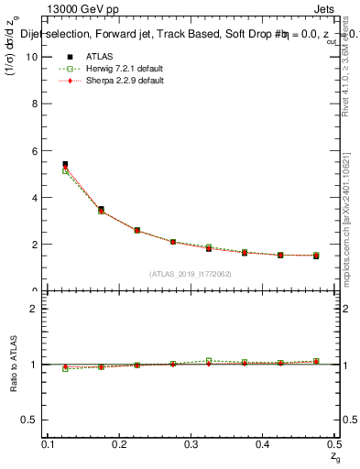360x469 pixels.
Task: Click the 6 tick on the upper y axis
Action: pos(38,150)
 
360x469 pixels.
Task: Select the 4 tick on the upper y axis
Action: pos(38,197)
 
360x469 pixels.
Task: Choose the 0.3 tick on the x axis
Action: pos(191,444)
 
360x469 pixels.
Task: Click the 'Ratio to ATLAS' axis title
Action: pos(12,364)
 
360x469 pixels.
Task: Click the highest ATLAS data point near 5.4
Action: pos(65,164)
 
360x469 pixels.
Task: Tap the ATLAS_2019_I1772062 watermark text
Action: pos(190,273)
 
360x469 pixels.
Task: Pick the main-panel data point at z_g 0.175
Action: pos(101,210)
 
